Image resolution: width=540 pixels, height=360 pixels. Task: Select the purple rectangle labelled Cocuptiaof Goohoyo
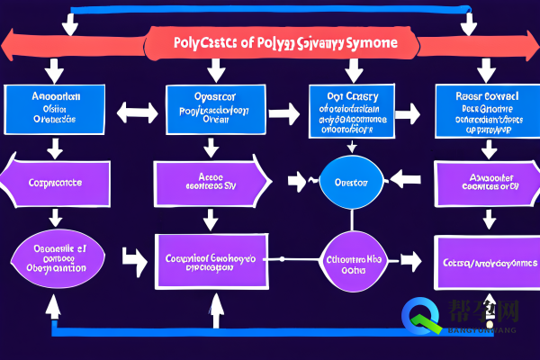coord(212,262)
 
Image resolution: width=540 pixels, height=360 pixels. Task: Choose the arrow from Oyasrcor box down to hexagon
coord(211,147)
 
